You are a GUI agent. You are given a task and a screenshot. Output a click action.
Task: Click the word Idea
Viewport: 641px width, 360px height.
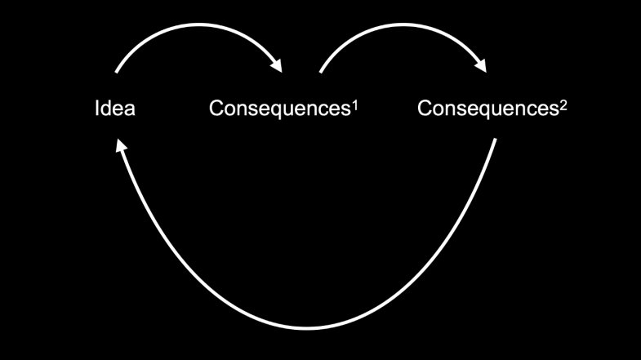(114, 109)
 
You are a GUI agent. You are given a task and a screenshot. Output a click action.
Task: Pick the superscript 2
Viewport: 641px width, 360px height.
(563, 103)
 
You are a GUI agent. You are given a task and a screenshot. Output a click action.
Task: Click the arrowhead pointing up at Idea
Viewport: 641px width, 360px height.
(120, 144)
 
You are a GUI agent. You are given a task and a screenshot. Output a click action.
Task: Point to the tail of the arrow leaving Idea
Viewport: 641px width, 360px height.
(117, 72)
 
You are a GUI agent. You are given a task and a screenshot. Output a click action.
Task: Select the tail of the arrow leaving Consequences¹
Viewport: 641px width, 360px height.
(321, 72)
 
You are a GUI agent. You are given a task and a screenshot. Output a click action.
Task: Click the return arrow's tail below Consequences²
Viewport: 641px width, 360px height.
(496, 140)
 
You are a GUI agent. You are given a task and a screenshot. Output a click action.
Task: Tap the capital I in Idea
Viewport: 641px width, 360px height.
(97, 109)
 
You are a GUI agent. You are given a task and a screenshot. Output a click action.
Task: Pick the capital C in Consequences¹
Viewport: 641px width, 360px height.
(216, 109)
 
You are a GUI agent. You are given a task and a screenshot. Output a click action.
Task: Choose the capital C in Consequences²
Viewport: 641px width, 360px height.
(425, 109)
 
